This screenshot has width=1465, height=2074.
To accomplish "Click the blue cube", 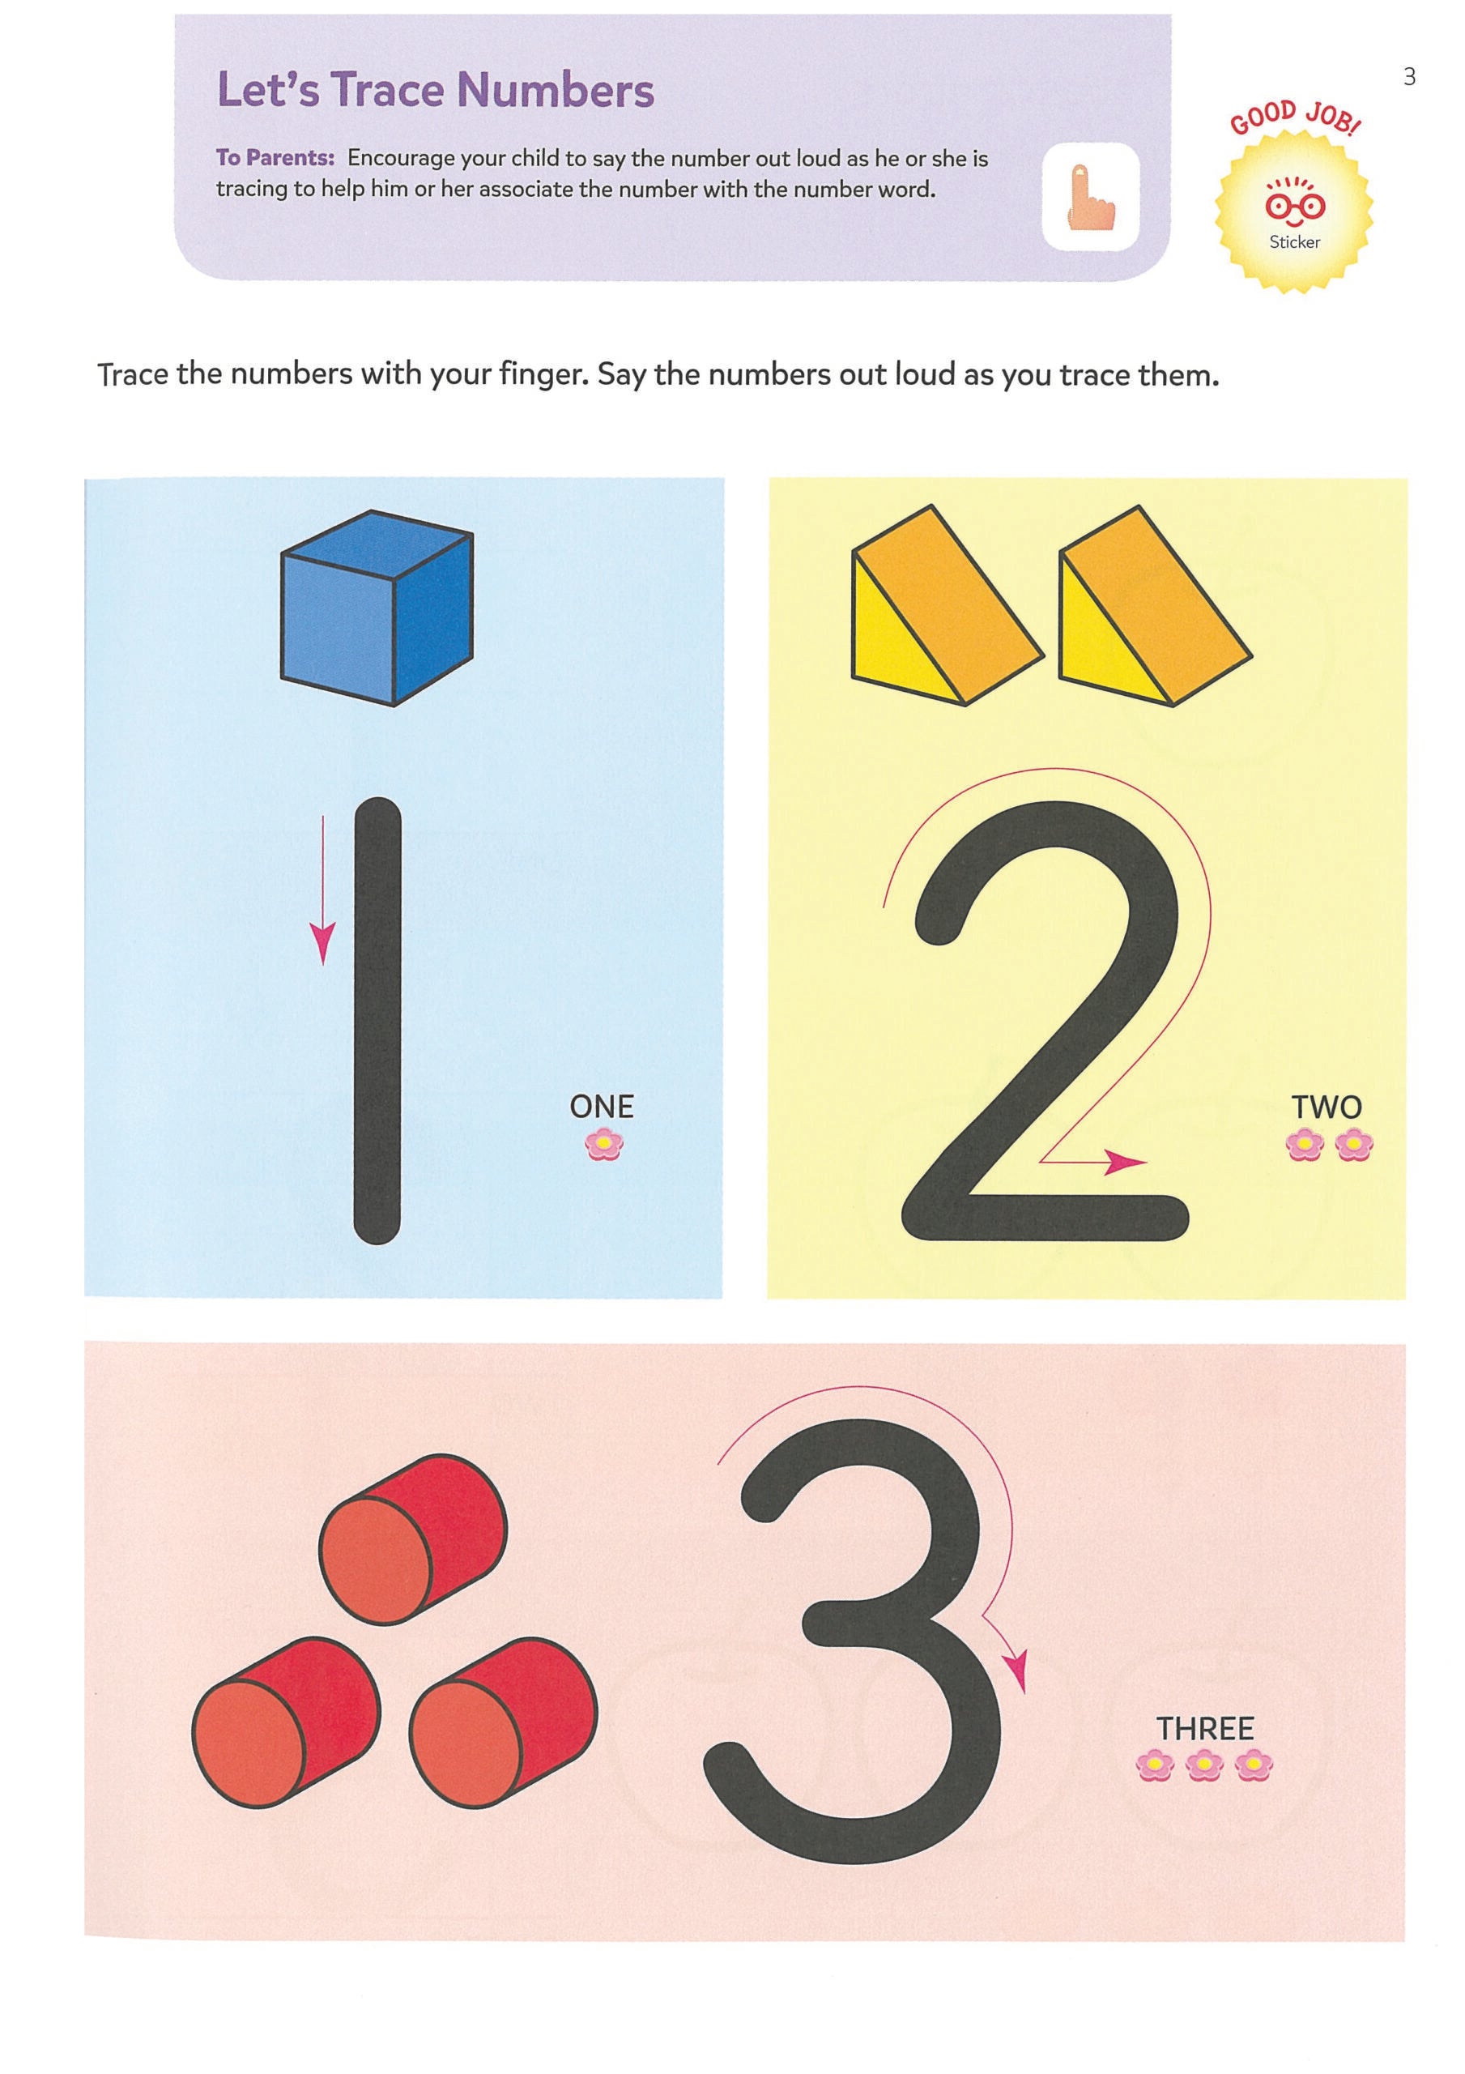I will click(x=377, y=608).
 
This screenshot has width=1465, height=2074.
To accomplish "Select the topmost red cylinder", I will click(x=415, y=1538).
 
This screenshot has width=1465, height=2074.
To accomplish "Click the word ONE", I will click(x=602, y=1107).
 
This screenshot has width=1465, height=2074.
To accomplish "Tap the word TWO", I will click(x=1326, y=1107).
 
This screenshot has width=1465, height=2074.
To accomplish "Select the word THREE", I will click(x=1205, y=1729).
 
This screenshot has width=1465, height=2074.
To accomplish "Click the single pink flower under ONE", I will click(x=603, y=1146).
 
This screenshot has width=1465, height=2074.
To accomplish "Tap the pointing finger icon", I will click(x=1090, y=198).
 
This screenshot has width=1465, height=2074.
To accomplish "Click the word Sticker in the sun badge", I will click(x=1294, y=242).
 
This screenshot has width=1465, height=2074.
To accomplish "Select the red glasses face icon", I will click(x=1294, y=207).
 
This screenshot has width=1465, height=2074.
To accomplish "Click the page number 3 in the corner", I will click(x=1409, y=78).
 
